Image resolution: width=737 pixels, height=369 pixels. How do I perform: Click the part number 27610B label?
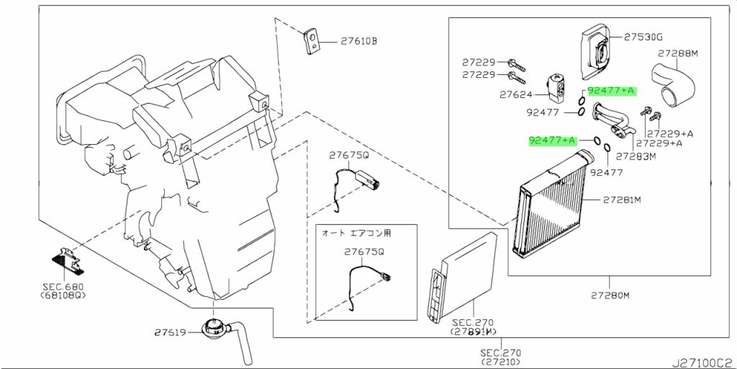(x=358, y=41)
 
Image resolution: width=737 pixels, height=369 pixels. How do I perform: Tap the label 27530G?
(x=643, y=36)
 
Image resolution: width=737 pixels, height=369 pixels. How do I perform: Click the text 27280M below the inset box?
(x=610, y=295)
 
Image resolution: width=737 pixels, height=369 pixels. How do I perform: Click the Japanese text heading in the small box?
(x=356, y=233)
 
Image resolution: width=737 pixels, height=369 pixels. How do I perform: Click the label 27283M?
(x=636, y=156)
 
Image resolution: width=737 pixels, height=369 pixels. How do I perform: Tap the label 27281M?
(x=622, y=200)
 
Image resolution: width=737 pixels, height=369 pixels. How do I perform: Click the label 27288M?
(x=678, y=53)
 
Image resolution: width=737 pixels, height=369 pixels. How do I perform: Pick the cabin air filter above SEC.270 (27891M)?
(x=462, y=276)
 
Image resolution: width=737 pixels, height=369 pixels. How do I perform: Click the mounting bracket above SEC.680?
(x=68, y=260)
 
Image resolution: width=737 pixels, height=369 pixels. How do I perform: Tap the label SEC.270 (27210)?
(x=500, y=357)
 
